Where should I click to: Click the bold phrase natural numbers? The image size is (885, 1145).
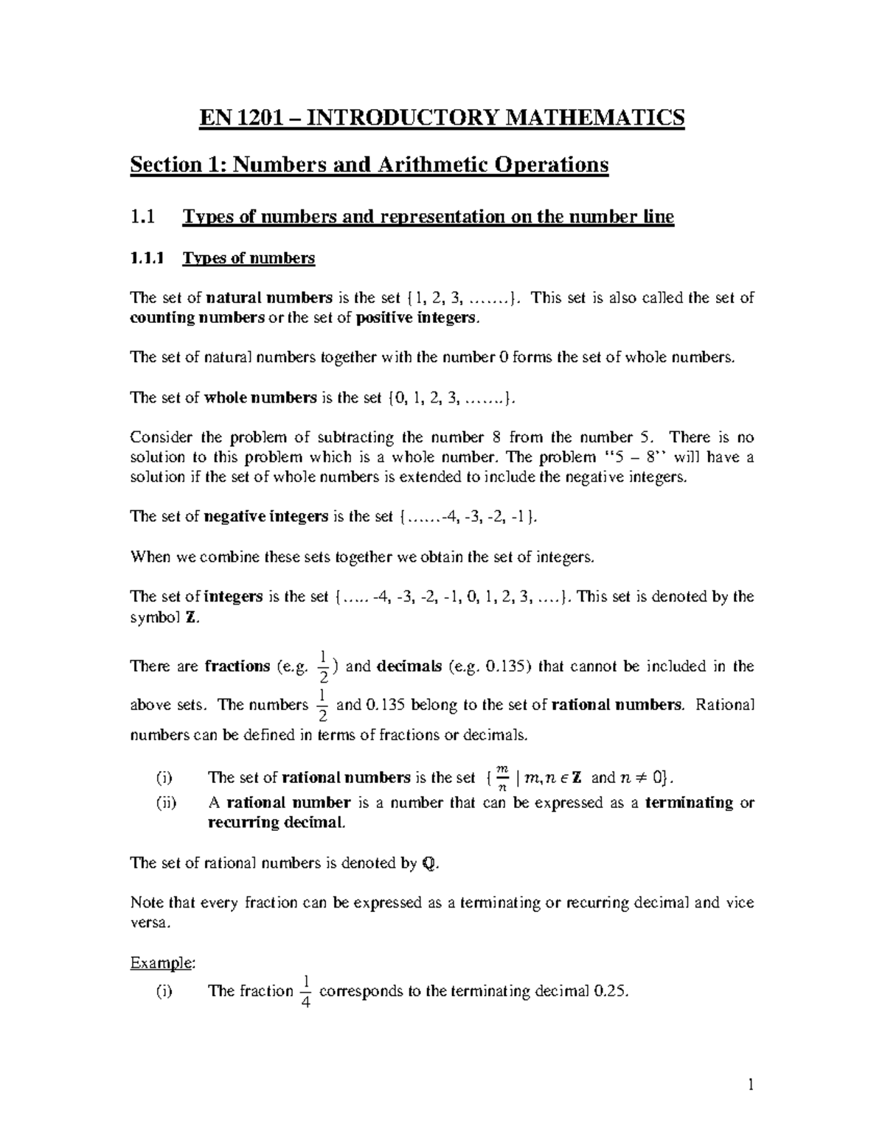(x=268, y=298)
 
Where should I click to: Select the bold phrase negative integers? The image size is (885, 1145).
(x=265, y=517)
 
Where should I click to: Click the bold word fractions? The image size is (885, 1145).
(x=237, y=667)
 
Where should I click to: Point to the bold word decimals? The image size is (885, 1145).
(x=409, y=667)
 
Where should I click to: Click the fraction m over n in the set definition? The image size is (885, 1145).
(x=502, y=778)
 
